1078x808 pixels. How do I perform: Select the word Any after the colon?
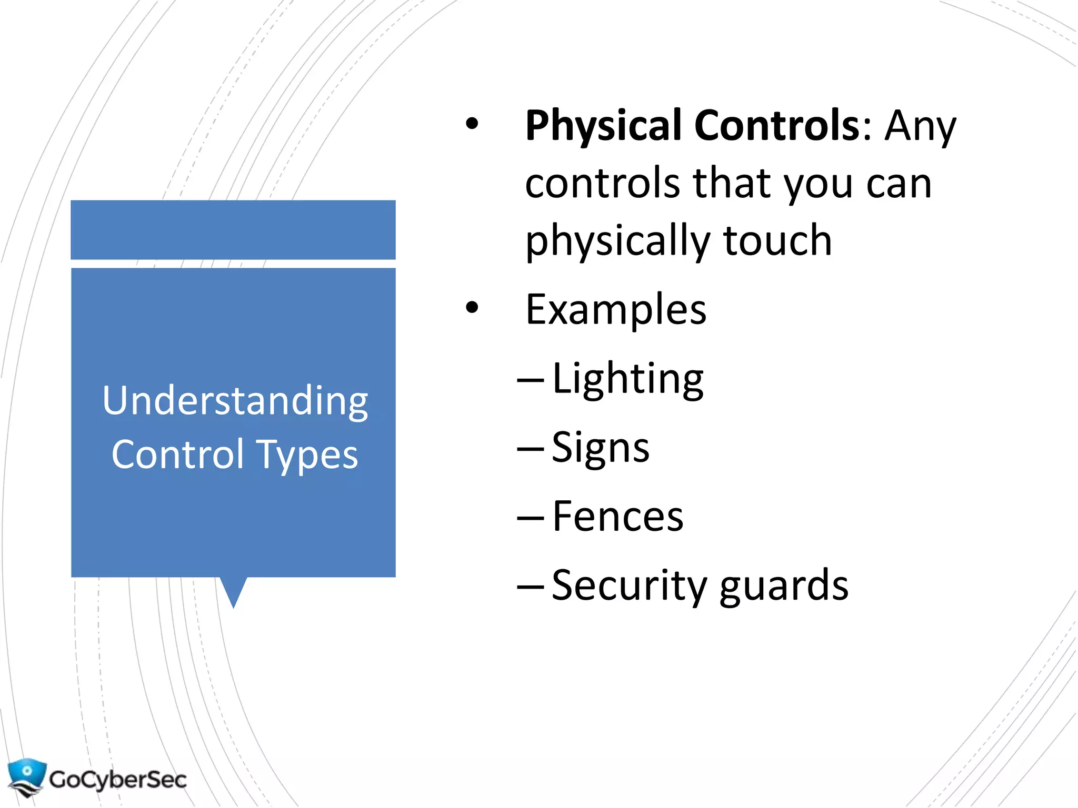920,126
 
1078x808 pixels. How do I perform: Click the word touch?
777,240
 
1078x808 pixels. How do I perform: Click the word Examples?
616,310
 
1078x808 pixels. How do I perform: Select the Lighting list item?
627,379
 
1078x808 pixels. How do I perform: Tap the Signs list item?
601,448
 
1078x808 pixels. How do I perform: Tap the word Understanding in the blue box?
235,401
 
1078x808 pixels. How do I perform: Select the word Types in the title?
307,455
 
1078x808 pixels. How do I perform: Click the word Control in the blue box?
178,454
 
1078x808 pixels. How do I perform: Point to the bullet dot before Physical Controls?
472,124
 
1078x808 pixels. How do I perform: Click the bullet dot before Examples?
472,307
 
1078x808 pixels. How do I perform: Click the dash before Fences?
530,518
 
